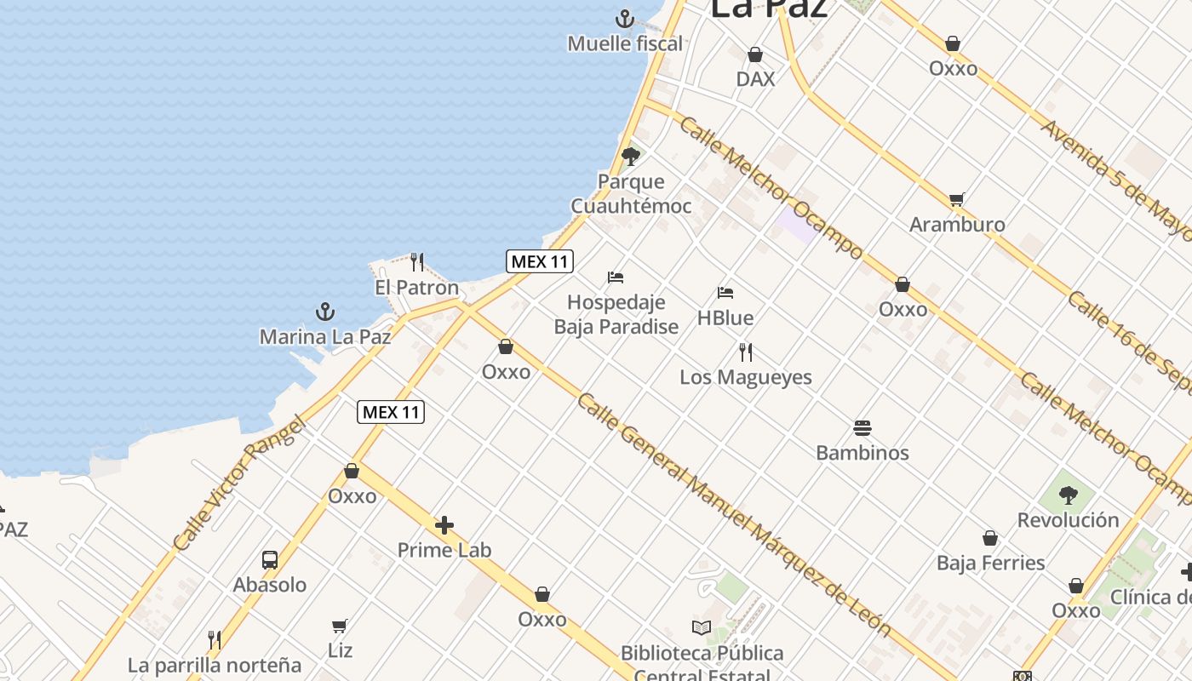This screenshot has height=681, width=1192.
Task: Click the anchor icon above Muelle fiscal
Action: tap(625, 18)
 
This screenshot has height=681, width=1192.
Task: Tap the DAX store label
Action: tap(755, 79)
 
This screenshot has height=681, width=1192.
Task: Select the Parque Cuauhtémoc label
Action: tap(631, 194)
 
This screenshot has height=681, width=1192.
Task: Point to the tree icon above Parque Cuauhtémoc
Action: tap(631, 156)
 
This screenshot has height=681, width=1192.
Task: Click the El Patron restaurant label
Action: tap(416, 288)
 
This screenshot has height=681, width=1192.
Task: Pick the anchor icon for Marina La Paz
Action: tap(325, 312)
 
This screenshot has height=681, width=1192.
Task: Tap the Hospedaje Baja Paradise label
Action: tap(616, 314)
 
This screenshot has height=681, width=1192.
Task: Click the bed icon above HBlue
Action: tap(725, 293)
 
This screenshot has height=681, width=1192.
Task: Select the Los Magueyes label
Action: tap(745, 377)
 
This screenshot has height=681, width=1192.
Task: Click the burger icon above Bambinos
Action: tap(862, 427)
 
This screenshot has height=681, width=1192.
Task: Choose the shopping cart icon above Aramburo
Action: tap(957, 199)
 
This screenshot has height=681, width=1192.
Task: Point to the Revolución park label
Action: tap(1068, 520)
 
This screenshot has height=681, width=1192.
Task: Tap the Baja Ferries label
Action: tap(990, 563)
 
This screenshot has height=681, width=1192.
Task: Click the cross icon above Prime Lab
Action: tap(444, 525)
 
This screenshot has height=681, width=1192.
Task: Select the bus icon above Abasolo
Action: tap(270, 559)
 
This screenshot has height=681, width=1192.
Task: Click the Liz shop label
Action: tap(340, 650)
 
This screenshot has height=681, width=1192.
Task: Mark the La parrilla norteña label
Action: tap(215, 665)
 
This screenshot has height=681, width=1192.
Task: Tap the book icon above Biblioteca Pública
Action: tap(702, 628)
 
